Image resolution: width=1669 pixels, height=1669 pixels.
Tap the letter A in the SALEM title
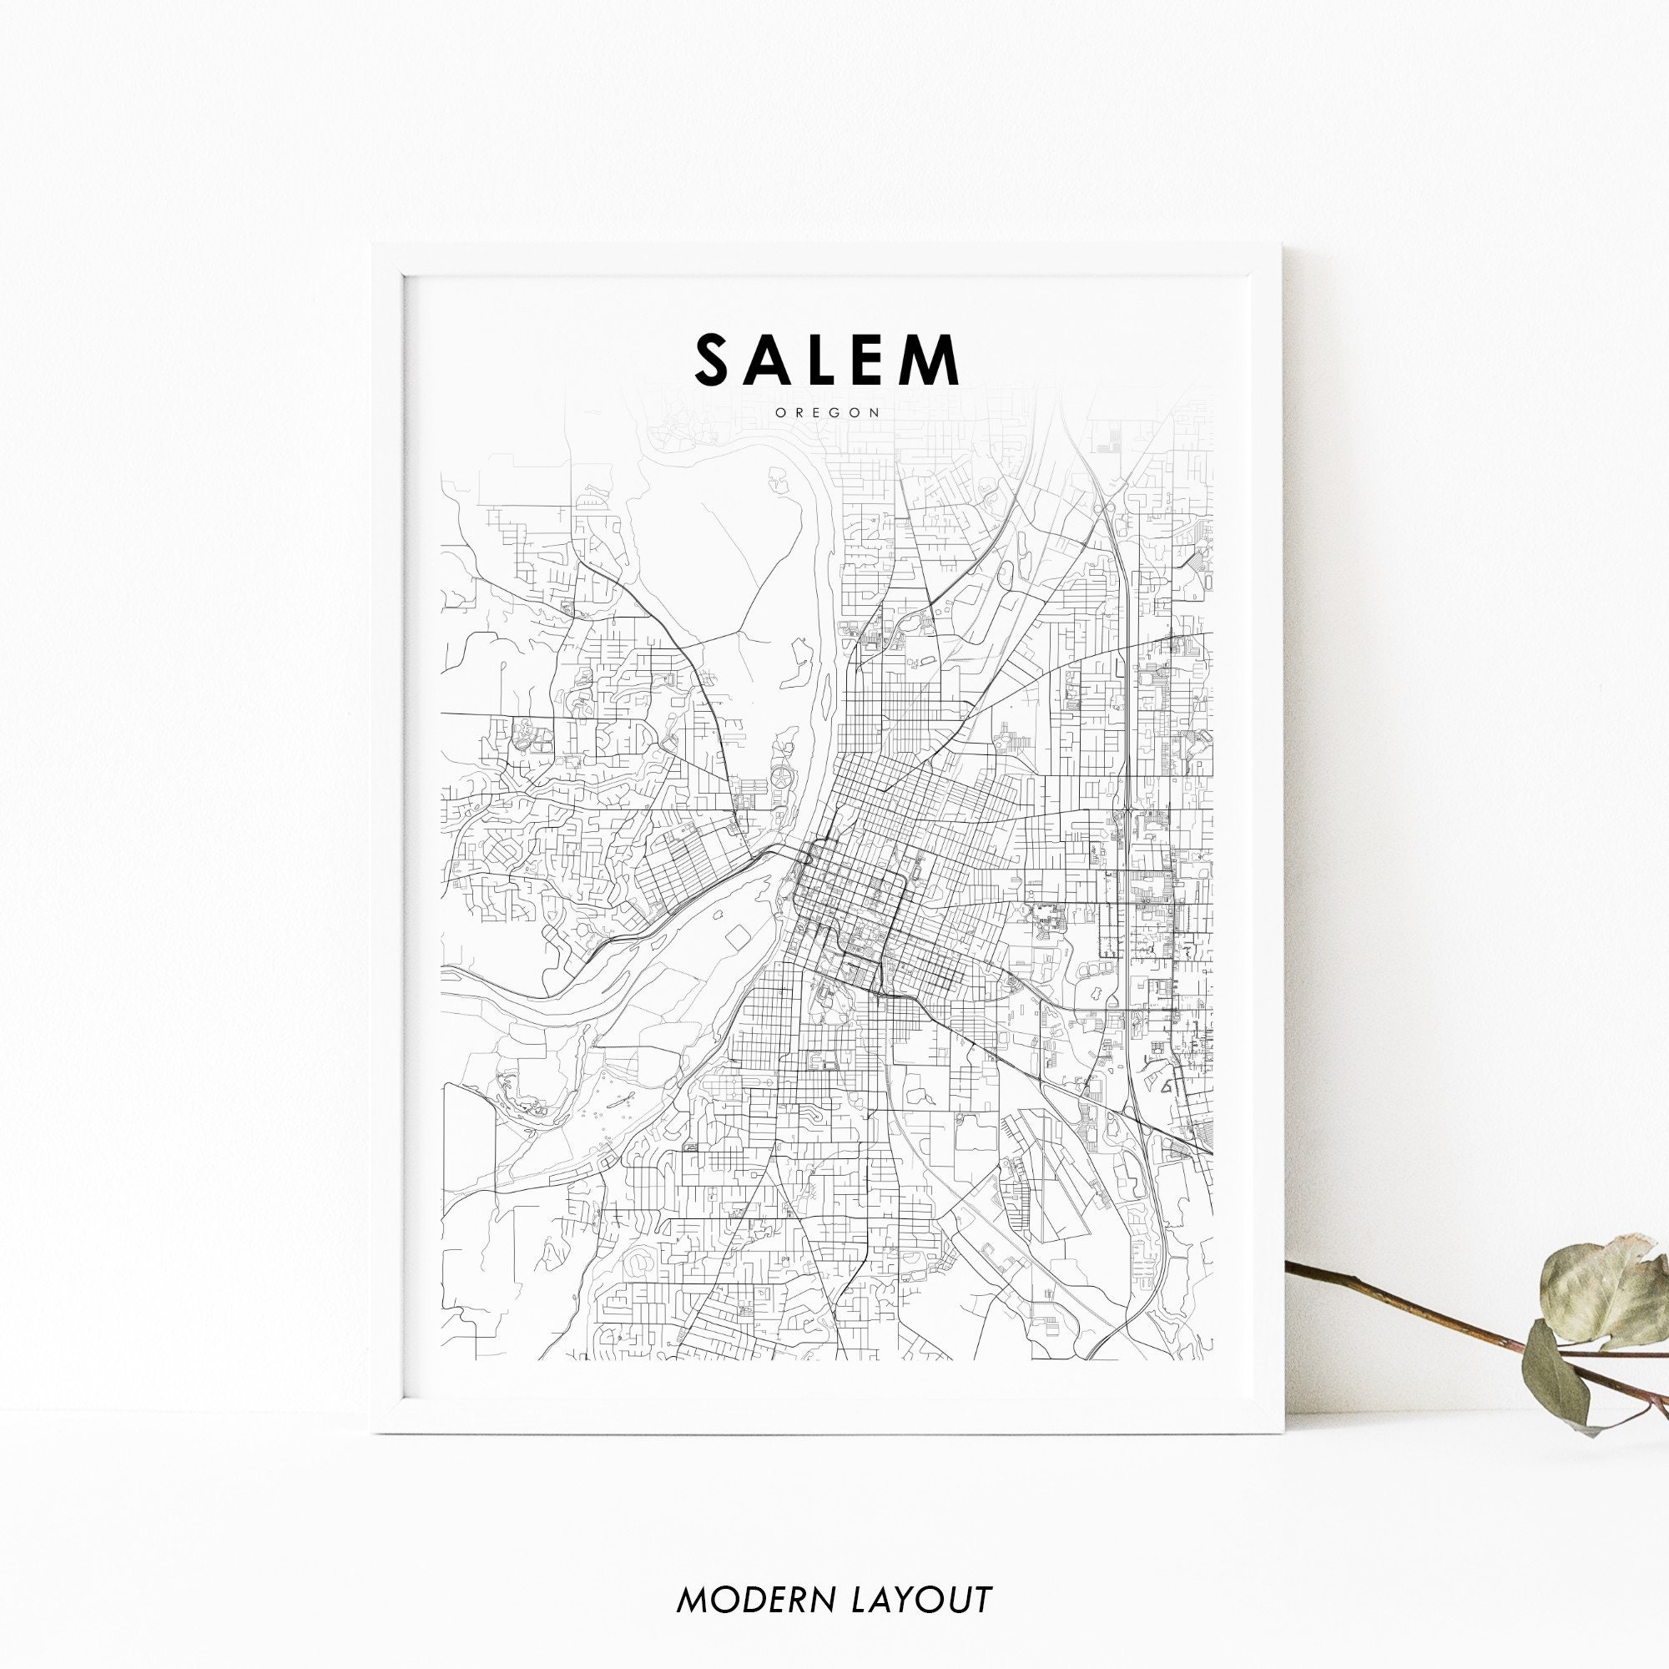coord(777,361)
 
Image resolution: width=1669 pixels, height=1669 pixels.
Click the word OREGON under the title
coord(828,413)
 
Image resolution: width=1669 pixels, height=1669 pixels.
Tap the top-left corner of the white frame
coord(374,246)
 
